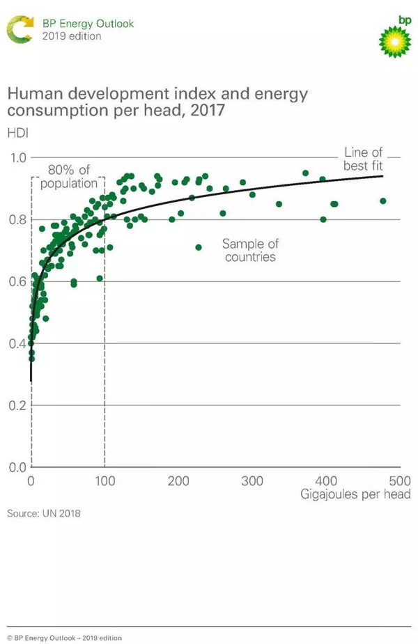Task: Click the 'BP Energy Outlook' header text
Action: pyautogui.click(x=88, y=24)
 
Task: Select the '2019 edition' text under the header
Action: pyautogui.click(x=72, y=36)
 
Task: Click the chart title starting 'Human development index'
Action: pyautogui.click(x=157, y=102)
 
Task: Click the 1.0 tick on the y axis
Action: pyautogui.click(x=16, y=158)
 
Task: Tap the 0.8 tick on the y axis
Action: pyautogui.click(x=16, y=220)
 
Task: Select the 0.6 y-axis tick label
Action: pyautogui.click(x=16, y=282)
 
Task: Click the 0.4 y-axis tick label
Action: pyautogui.click(x=16, y=344)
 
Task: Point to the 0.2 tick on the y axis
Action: pyautogui.click(x=16, y=405)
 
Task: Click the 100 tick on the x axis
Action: pyautogui.click(x=104, y=481)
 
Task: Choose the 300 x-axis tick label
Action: pyautogui.click(x=252, y=481)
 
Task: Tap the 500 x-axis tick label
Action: pyautogui.click(x=399, y=481)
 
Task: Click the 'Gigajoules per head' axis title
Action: pyautogui.click(x=355, y=495)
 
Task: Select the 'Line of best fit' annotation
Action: pyautogui.click(x=363, y=159)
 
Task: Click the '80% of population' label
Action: pyautogui.click(x=68, y=177)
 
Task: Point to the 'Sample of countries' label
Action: pyautogui.click(x=250, y=250)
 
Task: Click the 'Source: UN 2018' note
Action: pyautogui.click(x=44, y=514)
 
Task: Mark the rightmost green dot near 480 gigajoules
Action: pyautogui.click(x=382, y=201)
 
